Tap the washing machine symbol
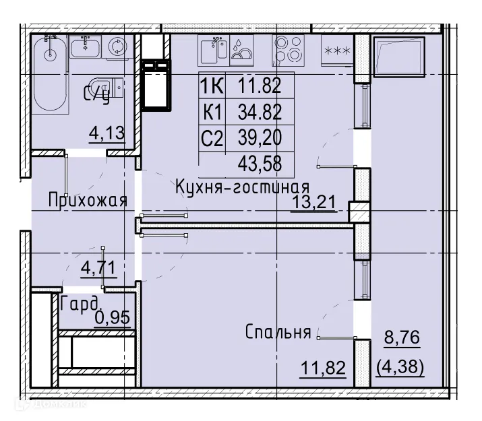pyautogui.click(x=119, y=46)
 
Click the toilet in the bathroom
pyautogui.click(x=112, y=88)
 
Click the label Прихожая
pyautogui.click(x=87, y=200)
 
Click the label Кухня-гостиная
pyautogui.click(x=242, y=187)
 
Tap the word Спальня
pyautogui.click(x=278, y=332)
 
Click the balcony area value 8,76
pyautogui.click(x=402, y=337)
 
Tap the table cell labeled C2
pyautogui.click(x=212, y=137)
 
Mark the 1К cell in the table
pyautogui.click(x=212, y=85)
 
